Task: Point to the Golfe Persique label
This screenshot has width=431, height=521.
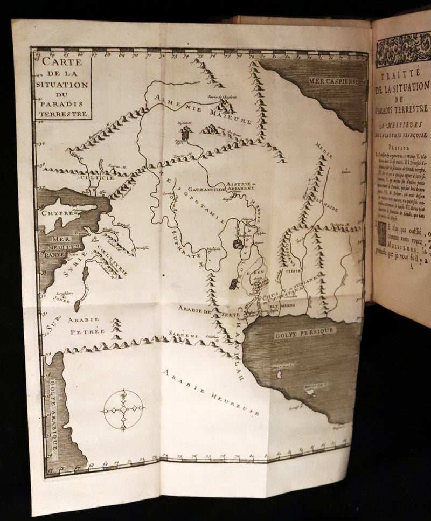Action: pos(305,330)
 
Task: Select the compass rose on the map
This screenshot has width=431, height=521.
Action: pos(123,410)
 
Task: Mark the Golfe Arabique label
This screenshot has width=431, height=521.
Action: pos(54,415)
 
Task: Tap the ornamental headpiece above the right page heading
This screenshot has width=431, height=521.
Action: pos(403,49)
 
